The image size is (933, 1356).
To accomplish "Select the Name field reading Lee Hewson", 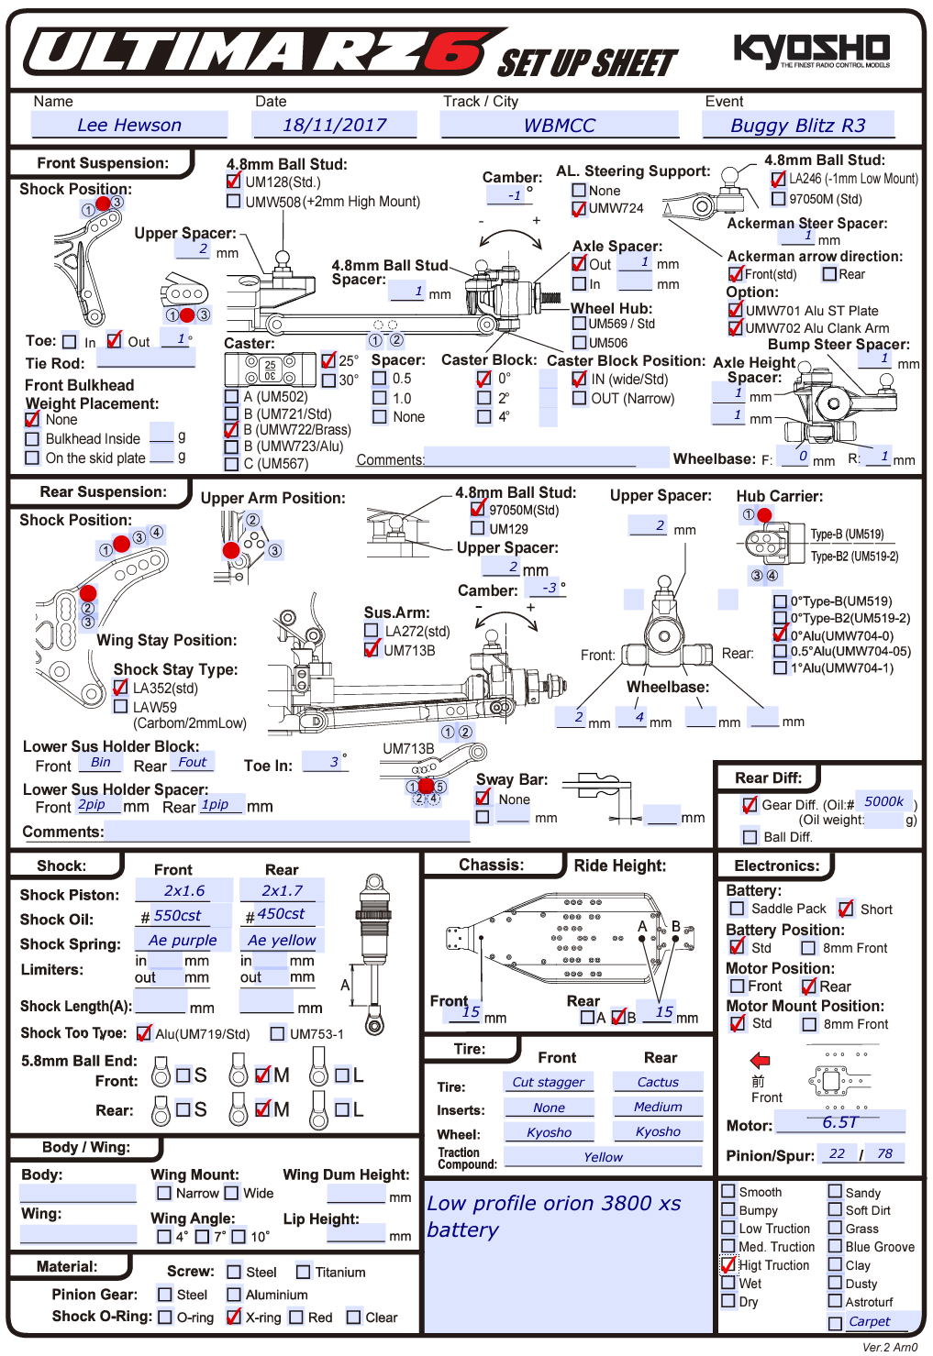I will (x=129, y=126).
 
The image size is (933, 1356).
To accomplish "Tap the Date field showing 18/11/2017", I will (x=334, y=126).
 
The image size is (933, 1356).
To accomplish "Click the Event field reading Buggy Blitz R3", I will (x=797, y=126).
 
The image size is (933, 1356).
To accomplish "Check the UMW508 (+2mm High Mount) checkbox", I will (x=234, y=201).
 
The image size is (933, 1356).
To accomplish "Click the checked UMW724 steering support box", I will (x=579, y=208).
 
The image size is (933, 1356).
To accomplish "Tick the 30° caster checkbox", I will (x=328, y=380).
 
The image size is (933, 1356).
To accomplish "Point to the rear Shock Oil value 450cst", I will (x=280, y=914).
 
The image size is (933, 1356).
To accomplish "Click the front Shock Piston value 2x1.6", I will (x=184, y=890).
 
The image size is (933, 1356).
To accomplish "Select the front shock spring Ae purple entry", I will (x=183, y=940).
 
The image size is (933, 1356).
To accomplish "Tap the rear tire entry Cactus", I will (x=658, y=1082).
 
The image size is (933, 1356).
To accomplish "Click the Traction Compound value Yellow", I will (x=603, y=1157).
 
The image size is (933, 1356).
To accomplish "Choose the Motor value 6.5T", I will (x=839, y=1122).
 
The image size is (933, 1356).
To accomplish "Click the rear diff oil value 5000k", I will (x=883, y=801).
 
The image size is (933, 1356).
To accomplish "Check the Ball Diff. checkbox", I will (x=750, y=837).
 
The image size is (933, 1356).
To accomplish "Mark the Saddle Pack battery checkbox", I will (x=738, y=909).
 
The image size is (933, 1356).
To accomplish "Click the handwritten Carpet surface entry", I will (x=869, y=1321).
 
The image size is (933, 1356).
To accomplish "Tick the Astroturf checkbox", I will (x=835, y=1301).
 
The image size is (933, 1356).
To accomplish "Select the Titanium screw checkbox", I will (x=304, y=1272).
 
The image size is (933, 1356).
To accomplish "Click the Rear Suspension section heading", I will (x=103, y=492).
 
